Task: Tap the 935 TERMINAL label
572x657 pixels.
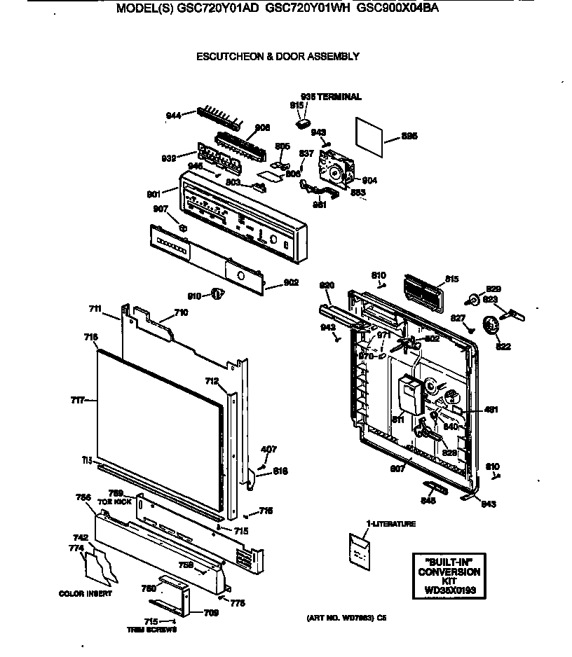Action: click(331, 97)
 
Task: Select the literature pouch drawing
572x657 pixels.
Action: click(362, 550)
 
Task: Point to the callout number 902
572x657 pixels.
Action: click(291, 282)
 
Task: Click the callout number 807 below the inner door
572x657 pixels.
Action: click(397, 469)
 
